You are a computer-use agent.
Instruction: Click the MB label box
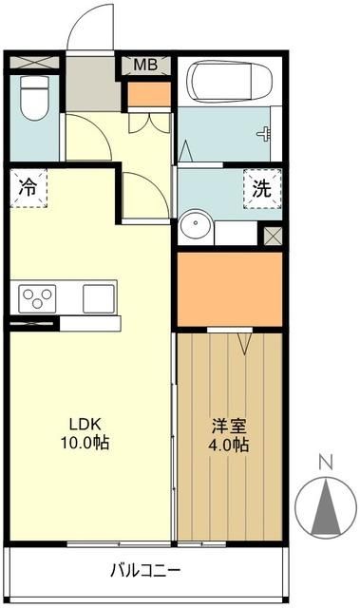(145, 65)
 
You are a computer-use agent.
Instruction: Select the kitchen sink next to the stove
(99, 297)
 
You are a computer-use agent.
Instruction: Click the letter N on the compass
(325, 462)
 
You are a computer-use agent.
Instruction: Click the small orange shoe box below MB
(146, 94)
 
